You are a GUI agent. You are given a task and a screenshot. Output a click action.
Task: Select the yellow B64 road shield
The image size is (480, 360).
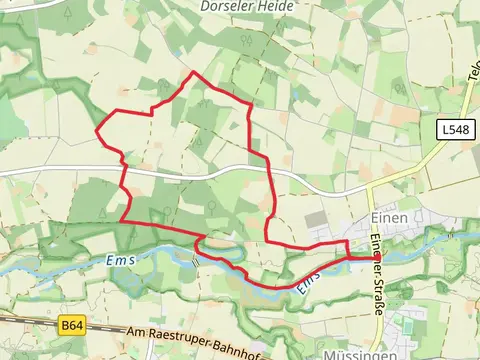(x=70, y=325)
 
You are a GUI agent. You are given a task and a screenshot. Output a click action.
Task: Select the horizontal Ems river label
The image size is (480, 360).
(x=119, y=261)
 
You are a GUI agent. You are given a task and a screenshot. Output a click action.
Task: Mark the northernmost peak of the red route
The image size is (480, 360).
(x=192, y=73)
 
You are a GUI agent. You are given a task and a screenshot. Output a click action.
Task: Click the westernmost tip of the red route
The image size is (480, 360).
(x=96, y=131)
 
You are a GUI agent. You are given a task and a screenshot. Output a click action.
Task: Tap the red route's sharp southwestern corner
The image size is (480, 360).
(x=121, y=221)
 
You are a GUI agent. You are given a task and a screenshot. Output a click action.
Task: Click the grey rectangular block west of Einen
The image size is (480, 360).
(x=316, y=218)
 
